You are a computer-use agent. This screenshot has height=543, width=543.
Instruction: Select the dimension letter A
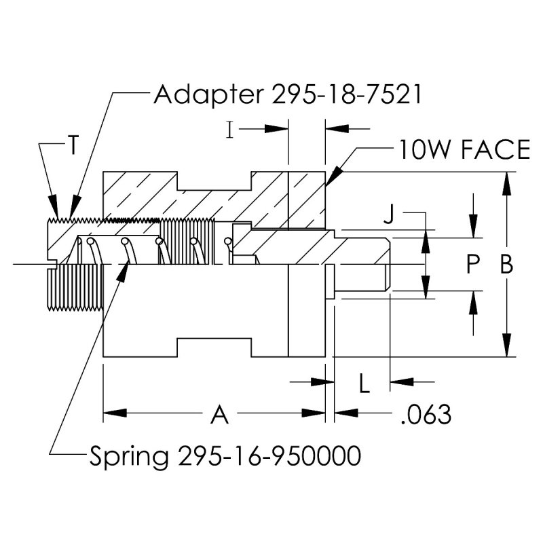(x=219, y=413)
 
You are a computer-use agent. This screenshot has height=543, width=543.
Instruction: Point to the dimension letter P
(x=474, y=265)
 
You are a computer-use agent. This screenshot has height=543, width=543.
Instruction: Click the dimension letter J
(x=388, y=216)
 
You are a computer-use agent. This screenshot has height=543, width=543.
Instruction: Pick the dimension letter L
(x=364, y=384)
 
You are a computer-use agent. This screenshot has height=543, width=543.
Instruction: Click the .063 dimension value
(x=426, y=413)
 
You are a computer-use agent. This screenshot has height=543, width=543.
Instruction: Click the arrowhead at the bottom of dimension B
(x=506, y=350)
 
